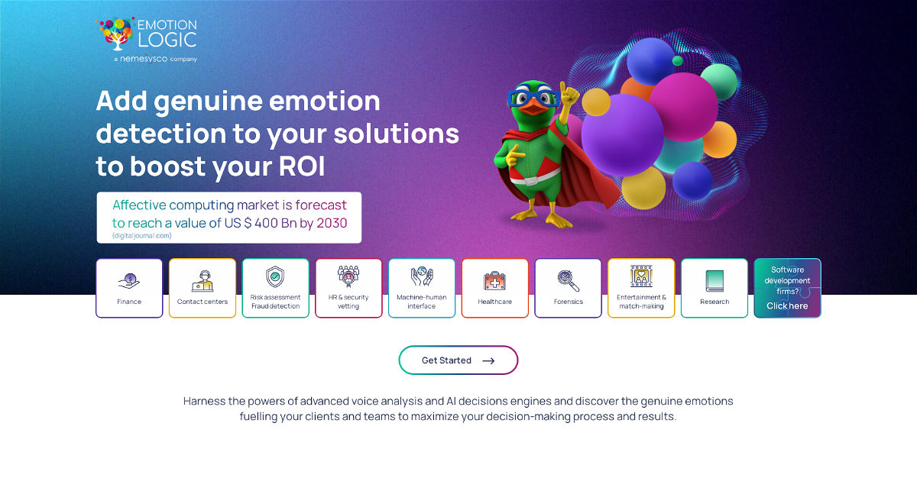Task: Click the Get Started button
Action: click(458, 360)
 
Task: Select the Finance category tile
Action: click(129, 288)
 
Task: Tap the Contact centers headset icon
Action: click(203, 281)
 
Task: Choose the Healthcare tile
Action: click(495, 288)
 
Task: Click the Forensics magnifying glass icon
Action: click(569, 281)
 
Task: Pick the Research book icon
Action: click(714, 281)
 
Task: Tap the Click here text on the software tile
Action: click(787, 306)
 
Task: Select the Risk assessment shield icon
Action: click(275, 277)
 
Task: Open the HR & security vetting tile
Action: click(348, 288)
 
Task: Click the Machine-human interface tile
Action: click(422, 288)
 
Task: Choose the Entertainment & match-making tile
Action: click(641, 288)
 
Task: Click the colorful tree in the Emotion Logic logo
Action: click(116, 33)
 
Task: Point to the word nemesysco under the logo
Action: click(144, 59)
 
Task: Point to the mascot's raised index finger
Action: click(564, 88)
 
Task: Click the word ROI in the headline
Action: click(302, 166)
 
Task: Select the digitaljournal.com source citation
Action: click(141, 235)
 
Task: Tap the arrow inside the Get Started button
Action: click(488, 360)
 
